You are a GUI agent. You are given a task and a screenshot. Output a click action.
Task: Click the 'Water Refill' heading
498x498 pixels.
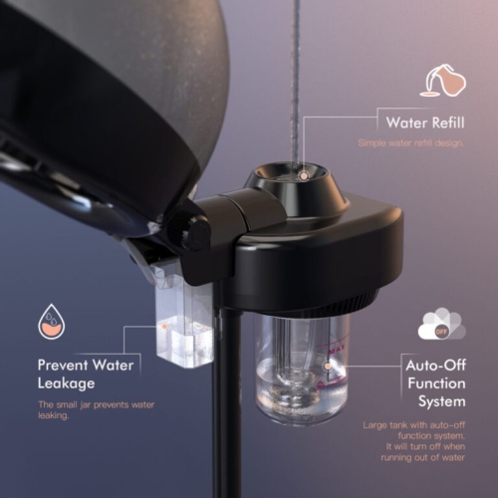425,123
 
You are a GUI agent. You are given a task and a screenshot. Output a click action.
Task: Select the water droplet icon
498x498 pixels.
52,321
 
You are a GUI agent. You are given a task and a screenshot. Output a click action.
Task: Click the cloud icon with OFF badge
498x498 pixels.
442,324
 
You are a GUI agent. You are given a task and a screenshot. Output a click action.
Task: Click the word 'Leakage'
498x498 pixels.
66,383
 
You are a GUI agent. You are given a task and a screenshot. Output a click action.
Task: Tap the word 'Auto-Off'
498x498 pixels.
435,366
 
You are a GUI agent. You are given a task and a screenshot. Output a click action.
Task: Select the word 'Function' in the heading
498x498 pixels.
436,383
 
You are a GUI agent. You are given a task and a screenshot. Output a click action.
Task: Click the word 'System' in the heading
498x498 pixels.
442,401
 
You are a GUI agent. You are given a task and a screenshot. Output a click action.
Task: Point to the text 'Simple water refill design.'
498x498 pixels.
411,143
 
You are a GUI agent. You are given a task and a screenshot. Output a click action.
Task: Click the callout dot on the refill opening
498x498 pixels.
303,176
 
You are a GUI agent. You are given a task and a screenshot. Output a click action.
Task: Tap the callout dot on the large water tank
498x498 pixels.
328,367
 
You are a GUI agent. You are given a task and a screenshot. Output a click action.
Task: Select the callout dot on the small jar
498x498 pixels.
164,327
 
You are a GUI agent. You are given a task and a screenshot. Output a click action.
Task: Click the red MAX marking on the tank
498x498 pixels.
337,350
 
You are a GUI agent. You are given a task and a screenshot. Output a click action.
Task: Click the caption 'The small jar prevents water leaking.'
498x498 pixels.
96,410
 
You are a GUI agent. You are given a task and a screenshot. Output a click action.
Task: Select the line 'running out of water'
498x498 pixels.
422,457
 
